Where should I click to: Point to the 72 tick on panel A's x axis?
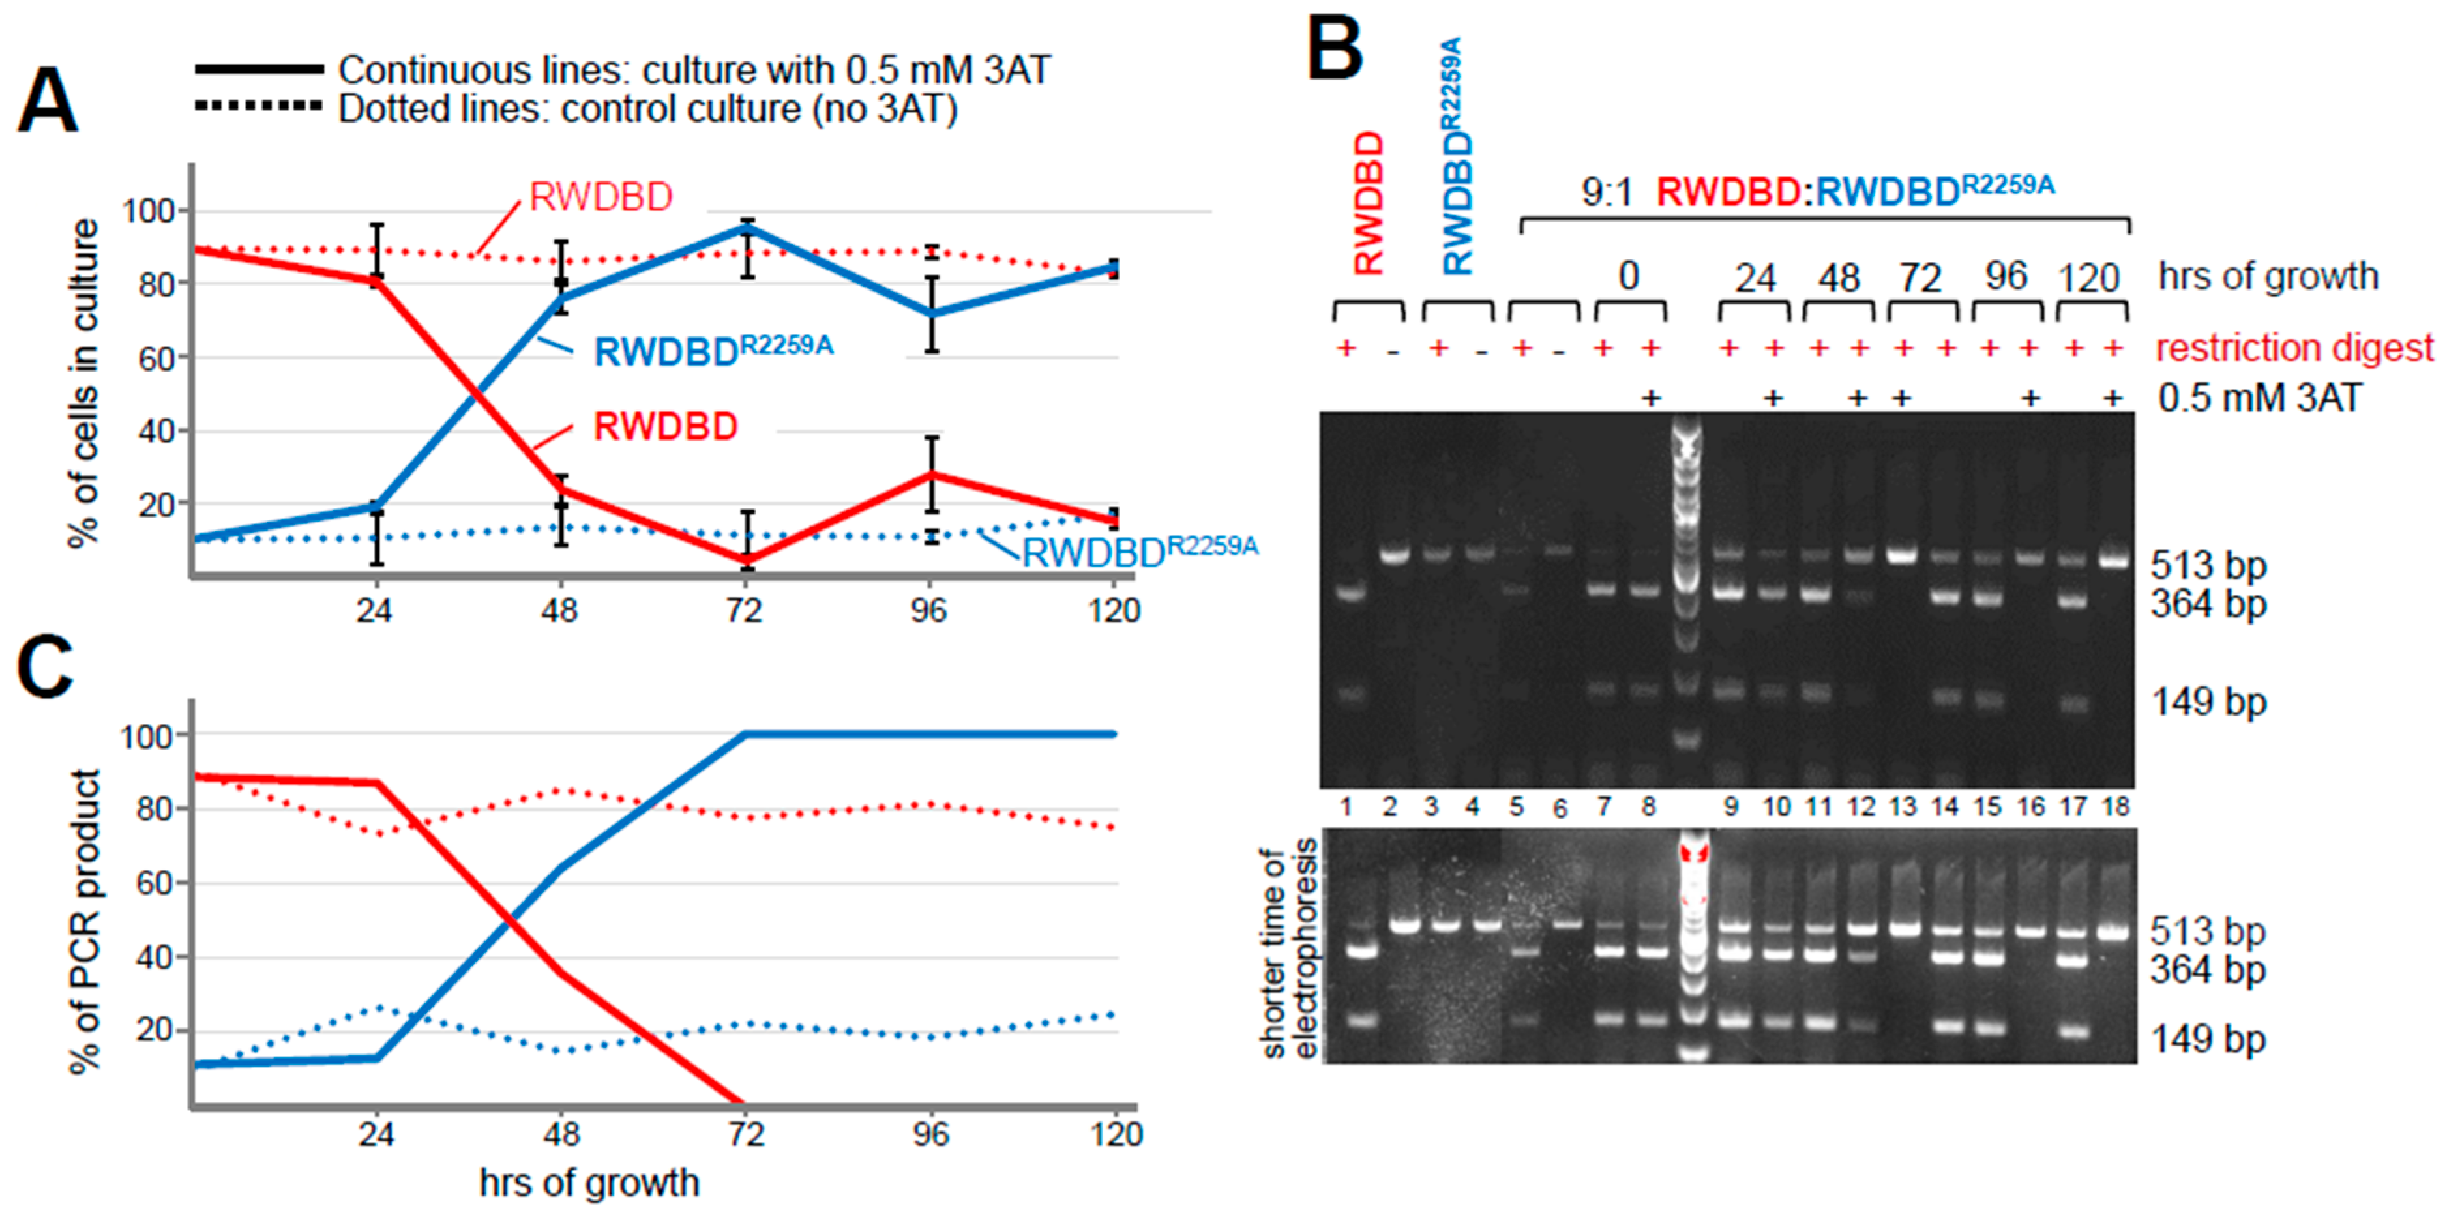click(x=744, y=609)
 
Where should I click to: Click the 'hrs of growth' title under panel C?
click(x=589, y=1183)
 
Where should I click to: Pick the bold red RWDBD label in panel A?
click(x=665, y=427)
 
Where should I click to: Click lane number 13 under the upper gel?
click(x=1903, y=807)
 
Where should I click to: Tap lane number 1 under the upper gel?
click(x=1347, y=807)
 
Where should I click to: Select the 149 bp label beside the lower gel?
click(x=2208, y=1040)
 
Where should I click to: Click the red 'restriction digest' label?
click(x=2294, y=349)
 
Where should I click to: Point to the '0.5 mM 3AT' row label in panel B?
click(x=2259, y=398)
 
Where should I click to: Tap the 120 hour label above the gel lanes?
click(x=2089, y=278)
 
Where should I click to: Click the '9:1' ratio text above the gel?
click(x=1607, y=193)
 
